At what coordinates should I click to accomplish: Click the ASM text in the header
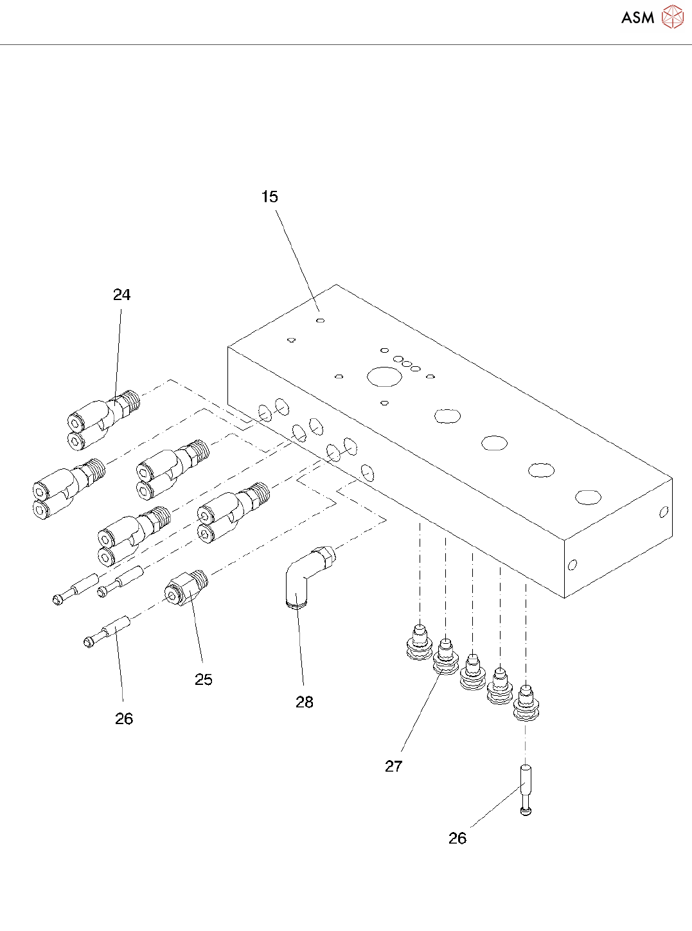click(637, 17)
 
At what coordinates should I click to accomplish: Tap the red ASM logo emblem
click(673, 17)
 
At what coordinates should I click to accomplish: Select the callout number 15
click(270, 197)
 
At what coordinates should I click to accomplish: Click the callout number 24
click(122, 295)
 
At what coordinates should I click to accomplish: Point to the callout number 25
click(204, 680)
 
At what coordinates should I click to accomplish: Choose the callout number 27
click(393, 767)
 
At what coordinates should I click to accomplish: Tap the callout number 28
click(305, 702)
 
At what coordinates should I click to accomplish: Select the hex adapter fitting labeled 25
click(186, 587)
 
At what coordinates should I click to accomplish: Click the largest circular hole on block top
click(384, 377)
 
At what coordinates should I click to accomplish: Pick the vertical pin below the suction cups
click(526, 790)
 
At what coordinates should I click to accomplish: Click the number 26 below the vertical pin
click(457, 838)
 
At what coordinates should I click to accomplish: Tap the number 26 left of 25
click(124, 719)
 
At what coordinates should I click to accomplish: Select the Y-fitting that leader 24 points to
click(103, 420)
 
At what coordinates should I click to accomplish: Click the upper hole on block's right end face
click(664, 512)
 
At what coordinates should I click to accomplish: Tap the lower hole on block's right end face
click(572, 565)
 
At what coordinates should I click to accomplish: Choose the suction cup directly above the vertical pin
click(526, 703)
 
